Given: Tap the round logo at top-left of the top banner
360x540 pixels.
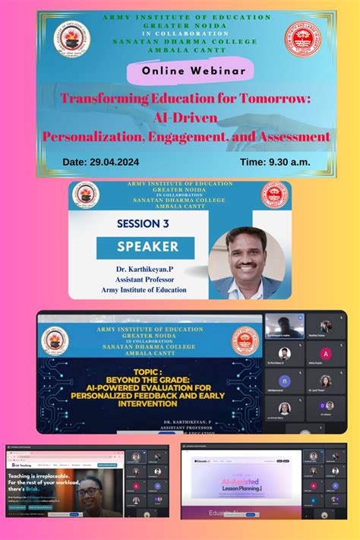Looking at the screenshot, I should click(72, 38).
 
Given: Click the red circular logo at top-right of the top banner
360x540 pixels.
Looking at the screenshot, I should click(303, 38).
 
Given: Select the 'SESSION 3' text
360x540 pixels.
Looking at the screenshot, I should click(143, 224).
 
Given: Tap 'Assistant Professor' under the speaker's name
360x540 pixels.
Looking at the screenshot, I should click(135, 279).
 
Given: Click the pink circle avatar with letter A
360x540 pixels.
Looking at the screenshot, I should click(325, 355).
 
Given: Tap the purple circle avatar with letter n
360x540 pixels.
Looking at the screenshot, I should click(284, 381).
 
